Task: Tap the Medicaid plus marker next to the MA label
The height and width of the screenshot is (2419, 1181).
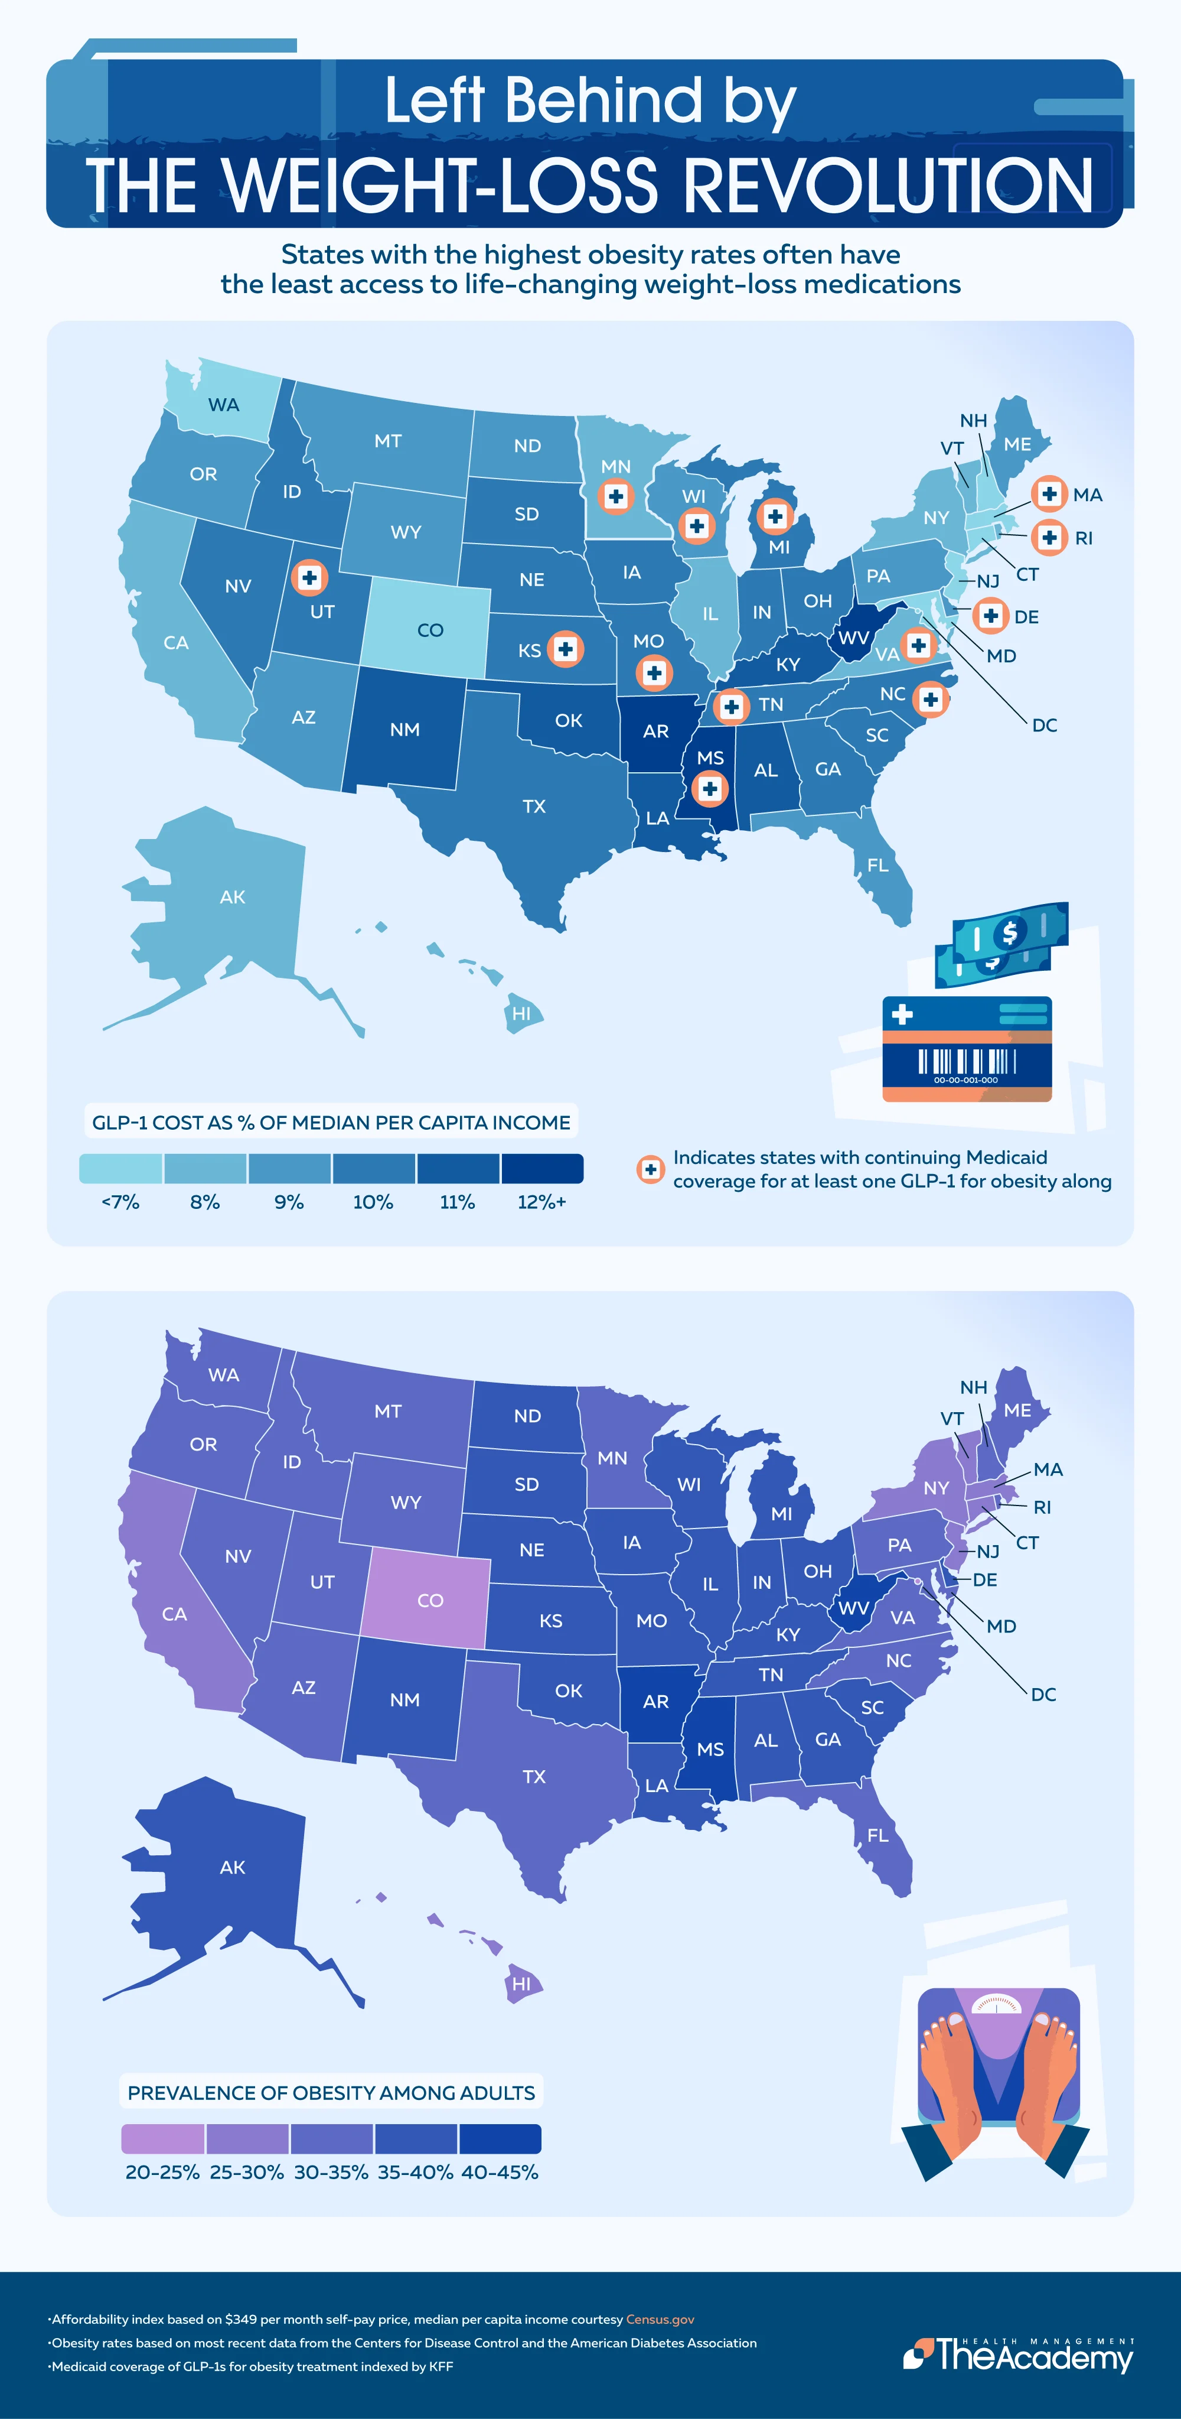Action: [x=1049, y=494]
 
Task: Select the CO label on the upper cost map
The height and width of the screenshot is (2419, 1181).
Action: [x=430, y=630]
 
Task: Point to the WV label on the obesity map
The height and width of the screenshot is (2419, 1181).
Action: [x=853, y=1608]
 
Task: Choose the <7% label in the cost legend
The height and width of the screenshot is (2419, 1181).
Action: [x=120, y=1202]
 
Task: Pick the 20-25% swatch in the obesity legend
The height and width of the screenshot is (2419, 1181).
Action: [x=162, y=2138]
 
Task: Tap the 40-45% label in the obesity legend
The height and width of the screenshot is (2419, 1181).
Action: [x=500, y=2172]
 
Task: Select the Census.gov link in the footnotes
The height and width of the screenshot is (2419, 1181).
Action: [x=660, y=2319]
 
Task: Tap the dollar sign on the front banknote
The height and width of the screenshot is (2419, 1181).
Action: [x=1009, y=932]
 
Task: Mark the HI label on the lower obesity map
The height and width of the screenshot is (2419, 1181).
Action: [x=521, y=1984]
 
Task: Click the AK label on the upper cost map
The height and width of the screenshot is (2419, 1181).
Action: [x=232, y=897]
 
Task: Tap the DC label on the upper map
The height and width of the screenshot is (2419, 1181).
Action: [x=1044, y=725]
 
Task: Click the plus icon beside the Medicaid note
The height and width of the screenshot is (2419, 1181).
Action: [x=650, y=1169]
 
